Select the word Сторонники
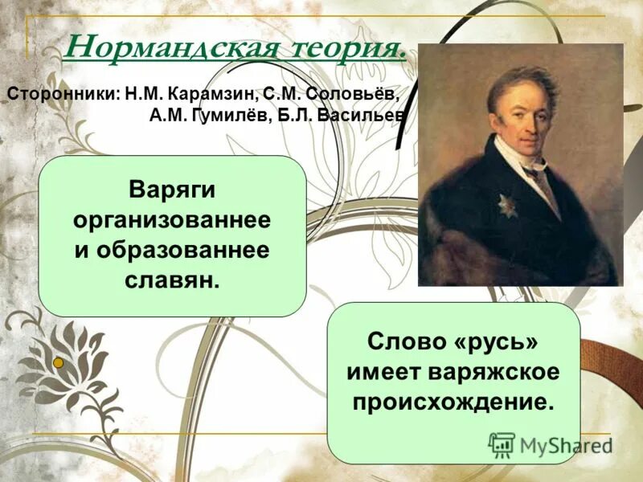click(x=63, y=93)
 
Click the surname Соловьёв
click(x=348, y=93)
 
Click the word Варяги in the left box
click(x=172, y=190)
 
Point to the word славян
click(x=172, y=280)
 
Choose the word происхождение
click(x=453, y=401)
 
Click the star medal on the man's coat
click(x=506, y=205)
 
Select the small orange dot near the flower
click(x=58, y=363)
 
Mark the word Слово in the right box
click(x=406, y=341)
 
